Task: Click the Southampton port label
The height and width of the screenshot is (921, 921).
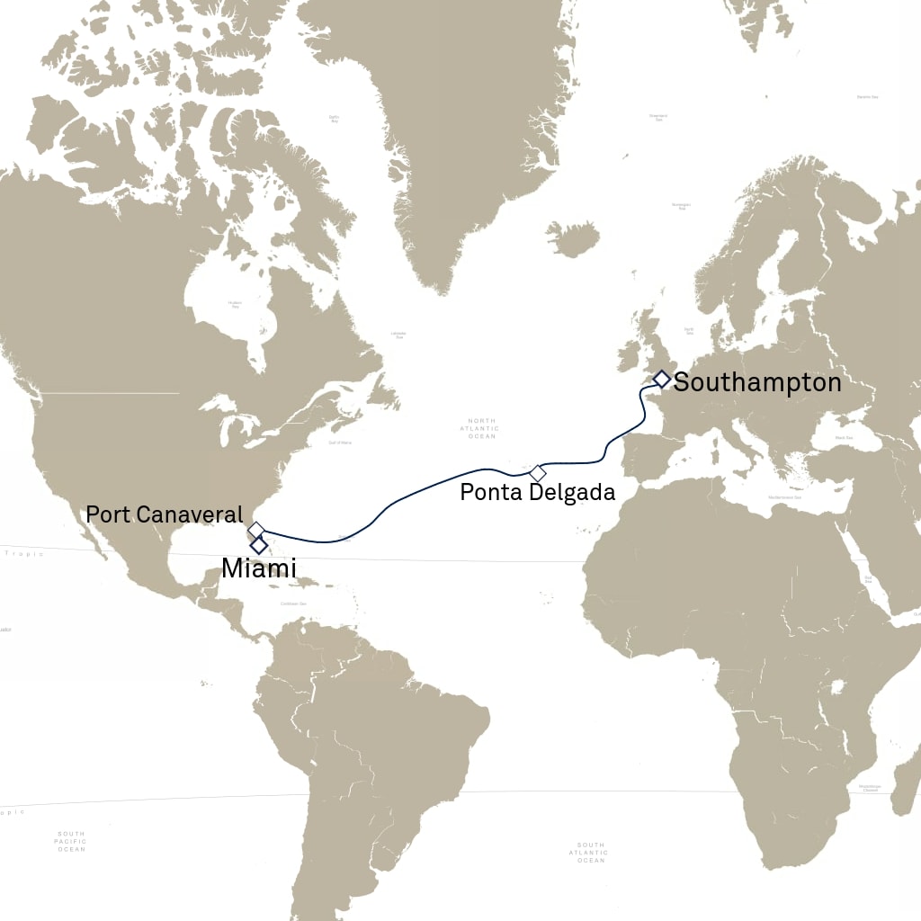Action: (757, 382)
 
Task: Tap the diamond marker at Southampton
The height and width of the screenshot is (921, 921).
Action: (661, 379)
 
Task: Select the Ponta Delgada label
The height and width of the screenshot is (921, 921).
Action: (537, 492)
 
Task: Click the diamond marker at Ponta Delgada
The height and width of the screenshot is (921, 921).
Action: (538, 472)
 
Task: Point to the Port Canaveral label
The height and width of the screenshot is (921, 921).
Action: (164, 515)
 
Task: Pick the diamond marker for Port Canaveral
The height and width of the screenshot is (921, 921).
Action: (255, 529)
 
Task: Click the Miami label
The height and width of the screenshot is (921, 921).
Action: (259, 568)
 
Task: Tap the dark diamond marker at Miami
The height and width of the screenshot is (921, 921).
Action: (259, 545)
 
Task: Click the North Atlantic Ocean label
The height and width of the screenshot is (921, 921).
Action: (482, 428)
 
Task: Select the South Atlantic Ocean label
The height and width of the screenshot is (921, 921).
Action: (591, 853)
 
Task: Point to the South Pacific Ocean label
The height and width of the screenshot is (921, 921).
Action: (70, 842)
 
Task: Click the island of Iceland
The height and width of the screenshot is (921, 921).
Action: (573, 239)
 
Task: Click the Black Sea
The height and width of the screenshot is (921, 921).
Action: (844, 438)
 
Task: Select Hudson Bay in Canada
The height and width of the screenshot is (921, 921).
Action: (236, 306)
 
